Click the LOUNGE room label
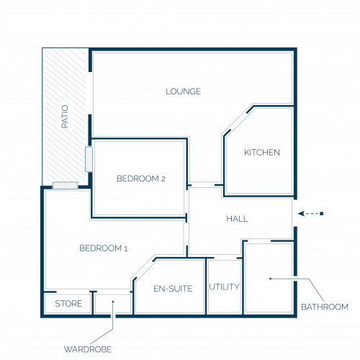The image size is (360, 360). coord(184,91)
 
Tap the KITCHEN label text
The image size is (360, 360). coord(262,153)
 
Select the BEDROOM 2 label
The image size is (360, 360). coord(141,179)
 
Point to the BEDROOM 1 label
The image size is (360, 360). coord(104,248)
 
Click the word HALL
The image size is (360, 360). coord(237,219)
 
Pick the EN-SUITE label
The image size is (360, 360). coord(173,289)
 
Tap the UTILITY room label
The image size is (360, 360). coord(224,287)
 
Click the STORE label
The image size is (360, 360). coord(68,304)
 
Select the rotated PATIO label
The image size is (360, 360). coord(65,117)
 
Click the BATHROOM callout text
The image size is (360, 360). coord(325,307)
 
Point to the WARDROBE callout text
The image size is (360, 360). coord(88,349)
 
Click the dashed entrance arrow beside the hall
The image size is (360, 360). coord(310,214)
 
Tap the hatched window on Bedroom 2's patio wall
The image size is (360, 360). coord(89,159)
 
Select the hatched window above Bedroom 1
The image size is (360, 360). coord(66,186)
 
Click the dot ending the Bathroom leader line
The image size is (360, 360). coord(271,279)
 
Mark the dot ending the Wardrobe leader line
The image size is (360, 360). coord(113,302)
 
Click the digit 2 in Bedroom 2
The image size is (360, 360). coord(163,179)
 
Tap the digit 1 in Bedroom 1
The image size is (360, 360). coord(126,248)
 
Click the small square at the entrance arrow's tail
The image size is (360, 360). coord(322,214)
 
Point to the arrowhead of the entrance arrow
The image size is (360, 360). coord(300,214)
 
